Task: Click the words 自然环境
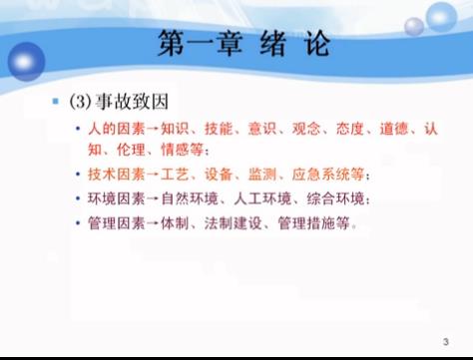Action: [x=184, y=197]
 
